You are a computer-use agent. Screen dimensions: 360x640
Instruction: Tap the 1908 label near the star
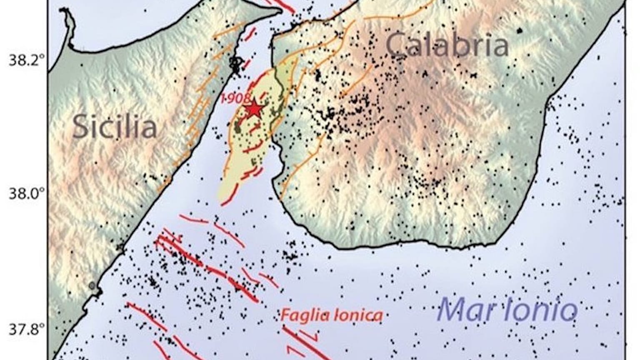tap(235, 99)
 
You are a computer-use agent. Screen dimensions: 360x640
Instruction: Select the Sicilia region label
tap(115, 127)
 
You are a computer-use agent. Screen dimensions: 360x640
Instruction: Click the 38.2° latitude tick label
tap(26, 61)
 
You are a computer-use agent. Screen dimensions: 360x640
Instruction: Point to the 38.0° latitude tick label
tap(26, 194)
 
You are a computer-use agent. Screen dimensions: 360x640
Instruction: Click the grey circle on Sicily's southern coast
tap(92, 285)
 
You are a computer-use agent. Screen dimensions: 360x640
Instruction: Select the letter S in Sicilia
tap(80, 127)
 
